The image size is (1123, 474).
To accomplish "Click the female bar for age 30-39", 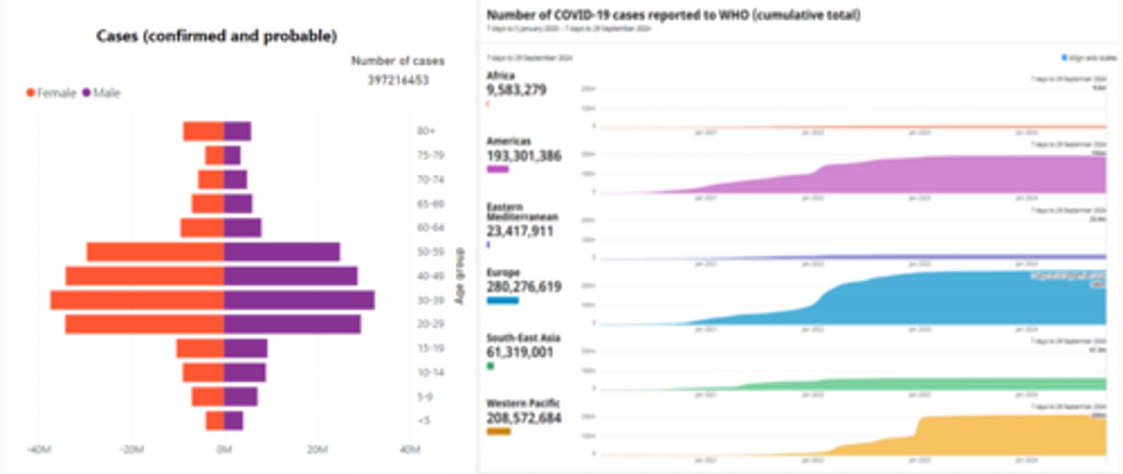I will coord(137,301).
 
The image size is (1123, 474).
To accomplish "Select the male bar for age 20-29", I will coord(292,324).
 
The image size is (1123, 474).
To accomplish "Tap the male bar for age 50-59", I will coord(282,252).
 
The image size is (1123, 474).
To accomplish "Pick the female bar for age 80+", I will coord(204,132).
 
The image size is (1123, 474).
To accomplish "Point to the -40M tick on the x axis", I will coord(38,450).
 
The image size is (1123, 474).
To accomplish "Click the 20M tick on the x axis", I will coord(317,450).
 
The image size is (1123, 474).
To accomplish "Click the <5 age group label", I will coord(422,421).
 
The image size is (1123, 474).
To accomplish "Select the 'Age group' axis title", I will coord(459,276).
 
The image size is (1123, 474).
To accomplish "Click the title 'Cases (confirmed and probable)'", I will coord(217,36).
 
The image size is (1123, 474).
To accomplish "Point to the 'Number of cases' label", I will coord(398,61).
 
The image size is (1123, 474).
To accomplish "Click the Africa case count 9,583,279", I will coord(516,90).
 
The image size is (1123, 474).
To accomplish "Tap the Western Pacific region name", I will coord(523,403).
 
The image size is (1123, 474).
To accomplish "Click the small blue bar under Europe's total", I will coord(502,301).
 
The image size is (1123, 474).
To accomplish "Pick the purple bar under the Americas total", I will coord(498,169).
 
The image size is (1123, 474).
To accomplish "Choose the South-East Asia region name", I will coord(523,337).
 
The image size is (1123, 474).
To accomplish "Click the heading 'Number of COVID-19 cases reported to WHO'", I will coord(673,15).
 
